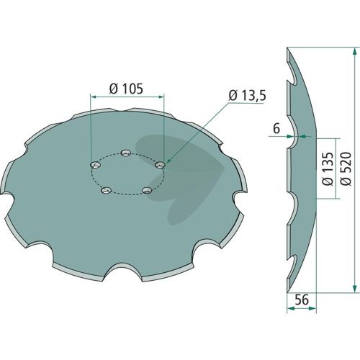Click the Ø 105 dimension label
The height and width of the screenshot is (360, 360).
(126, 89)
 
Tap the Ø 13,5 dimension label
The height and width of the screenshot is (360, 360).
(248, 96)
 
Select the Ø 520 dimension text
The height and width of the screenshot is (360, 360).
(346, 168)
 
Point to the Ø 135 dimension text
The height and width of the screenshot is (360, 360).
(328, 168)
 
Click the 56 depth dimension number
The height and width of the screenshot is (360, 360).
(302, 300)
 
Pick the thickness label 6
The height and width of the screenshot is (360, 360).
(276, 129)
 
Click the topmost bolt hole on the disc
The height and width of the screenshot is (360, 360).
(126, 153)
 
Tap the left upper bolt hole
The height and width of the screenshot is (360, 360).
(96, 165)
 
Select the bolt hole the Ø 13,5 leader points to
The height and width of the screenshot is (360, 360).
(160, 165)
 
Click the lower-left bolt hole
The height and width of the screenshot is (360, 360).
(107, 191)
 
